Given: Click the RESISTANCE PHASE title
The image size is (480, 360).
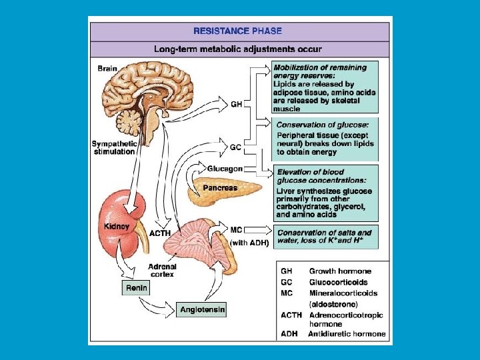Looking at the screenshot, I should pyautogui.click(x=237, y=31).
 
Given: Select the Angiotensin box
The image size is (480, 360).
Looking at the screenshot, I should pyautogui.click(x=203, y=309).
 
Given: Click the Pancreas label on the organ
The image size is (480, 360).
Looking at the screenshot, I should pyautogui.click(x=221, y=188).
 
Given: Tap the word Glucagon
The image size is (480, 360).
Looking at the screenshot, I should pyautogui.click(x=225, y=169).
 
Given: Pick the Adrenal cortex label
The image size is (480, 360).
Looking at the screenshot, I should pyautogui.click(x=161, y=269).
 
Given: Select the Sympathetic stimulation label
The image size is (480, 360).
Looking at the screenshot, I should pyautogui.click(x=113, y=147).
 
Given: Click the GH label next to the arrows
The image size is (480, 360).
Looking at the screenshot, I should pyautogui.click(x=236, y=103).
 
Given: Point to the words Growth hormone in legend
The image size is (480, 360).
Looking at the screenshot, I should pyautogui.click(x=340, y=271).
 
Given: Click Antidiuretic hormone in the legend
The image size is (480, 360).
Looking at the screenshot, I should pyautogui.click(x=347, y=333).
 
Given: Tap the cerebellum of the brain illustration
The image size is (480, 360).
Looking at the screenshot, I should pyautogui.click(x=128, y=121).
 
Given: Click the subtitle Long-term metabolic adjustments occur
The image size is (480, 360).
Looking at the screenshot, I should pyautogui.click(x=237, y=49).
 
